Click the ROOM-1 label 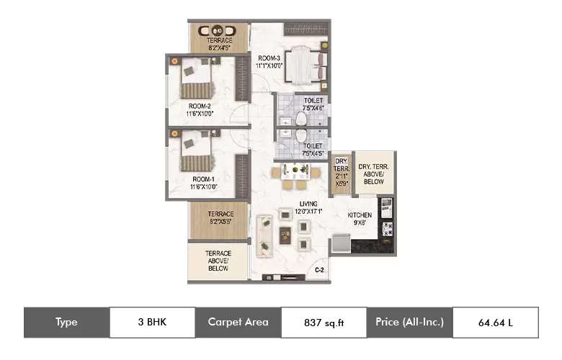click(x=204, y=182)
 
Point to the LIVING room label click(x=308, y=207)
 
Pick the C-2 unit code click(x=318, y=270)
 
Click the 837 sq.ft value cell click(x=323, y=323)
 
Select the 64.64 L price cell click(x=495, y=323)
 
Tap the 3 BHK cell click(x=152, y=323)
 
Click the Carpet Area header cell click(x=238, y=323)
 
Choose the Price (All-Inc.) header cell click(x=409, y=323)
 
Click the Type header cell click(x=66, y=323)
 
